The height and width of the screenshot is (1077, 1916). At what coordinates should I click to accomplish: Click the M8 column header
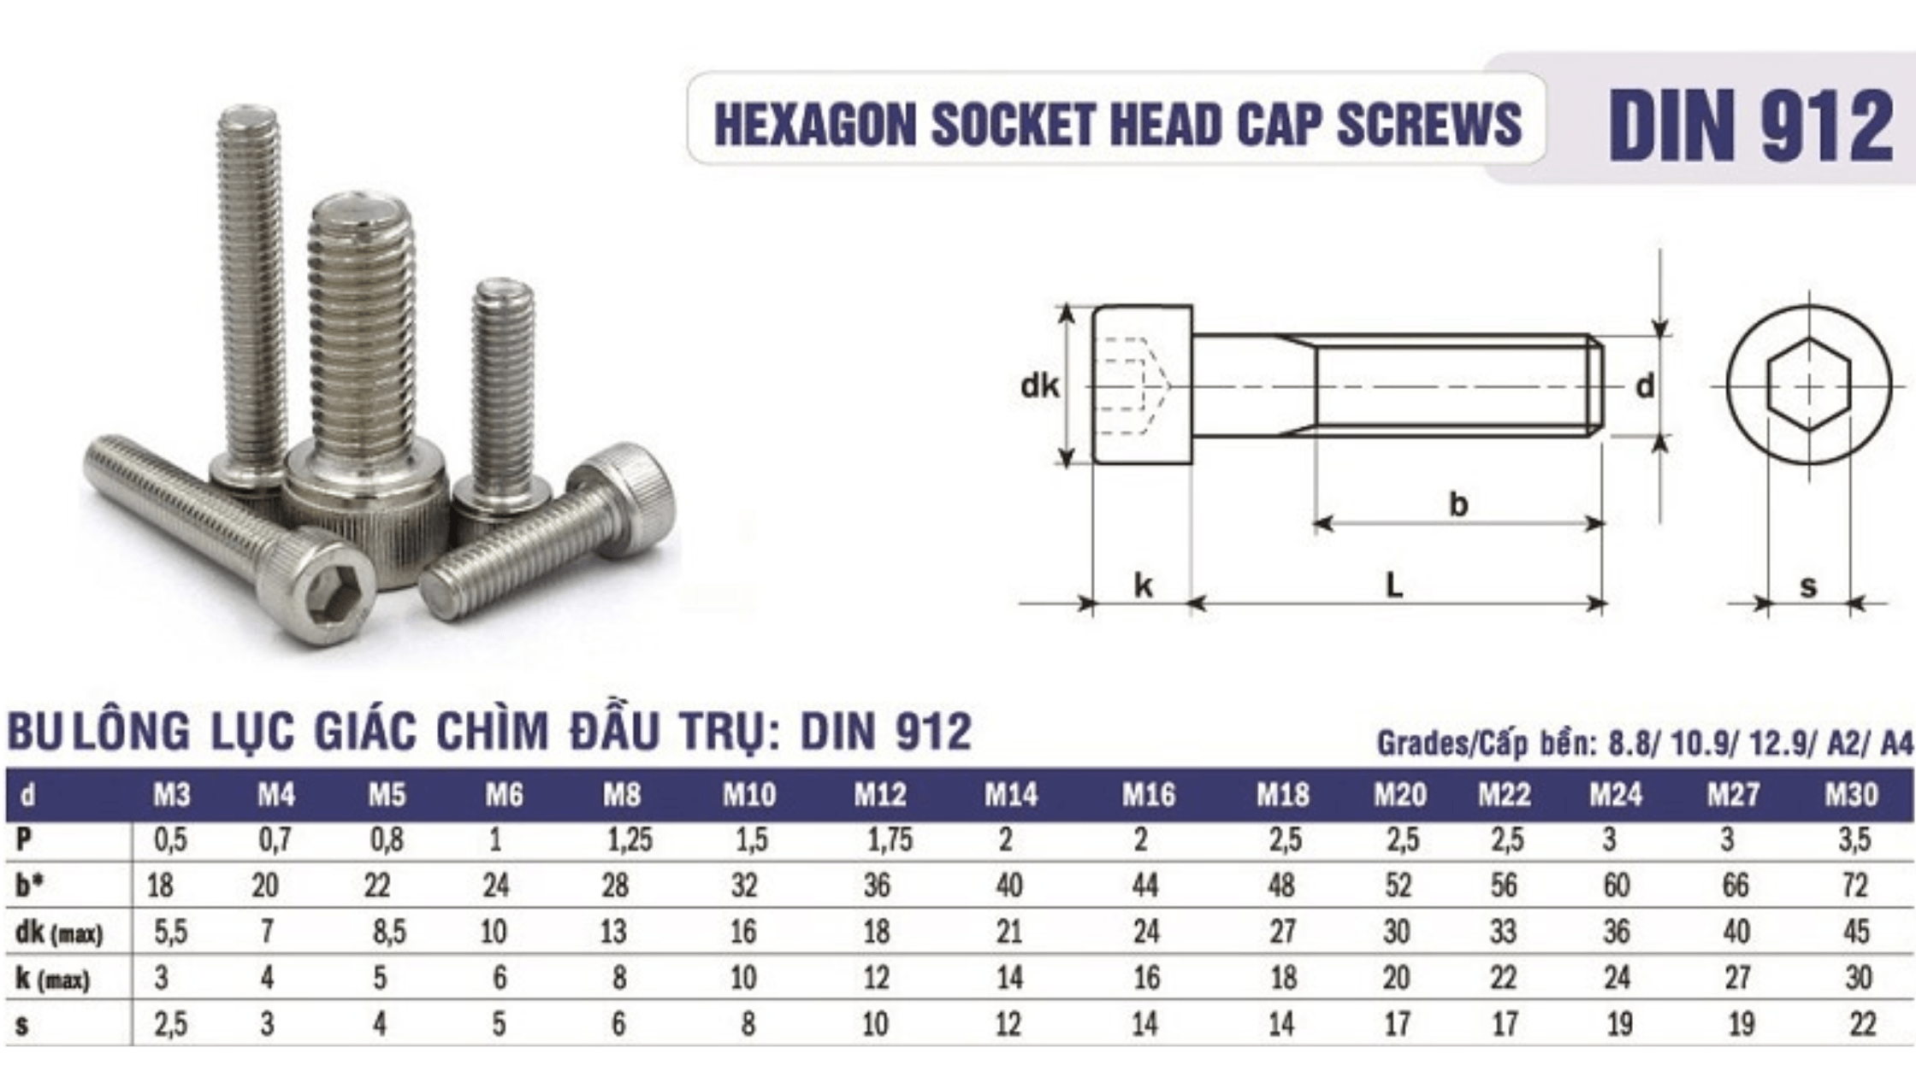pos(621,796)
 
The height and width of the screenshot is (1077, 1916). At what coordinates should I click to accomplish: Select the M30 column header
pos(1851,796)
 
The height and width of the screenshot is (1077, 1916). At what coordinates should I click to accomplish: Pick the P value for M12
pos(890,841)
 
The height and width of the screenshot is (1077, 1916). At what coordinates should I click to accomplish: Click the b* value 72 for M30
pos(1854,886)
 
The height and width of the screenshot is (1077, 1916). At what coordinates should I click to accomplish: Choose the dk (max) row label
pos(58,933)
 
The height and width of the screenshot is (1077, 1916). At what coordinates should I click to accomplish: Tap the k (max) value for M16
pos(1146,978)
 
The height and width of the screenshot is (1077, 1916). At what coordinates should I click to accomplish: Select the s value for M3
pos(170,1024)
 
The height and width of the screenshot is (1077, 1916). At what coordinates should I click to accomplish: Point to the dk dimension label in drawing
pos(1039,386)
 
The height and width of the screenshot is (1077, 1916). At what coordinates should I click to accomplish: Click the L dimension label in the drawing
pos(1394,586)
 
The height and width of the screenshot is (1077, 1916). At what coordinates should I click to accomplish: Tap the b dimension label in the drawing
pos(1458,504)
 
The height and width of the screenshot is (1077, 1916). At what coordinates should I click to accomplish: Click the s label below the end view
pos(1808,587)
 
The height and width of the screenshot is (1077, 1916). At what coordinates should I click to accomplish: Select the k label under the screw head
pos(1143,586)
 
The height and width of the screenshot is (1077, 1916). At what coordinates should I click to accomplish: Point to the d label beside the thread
pos(1645,386)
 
